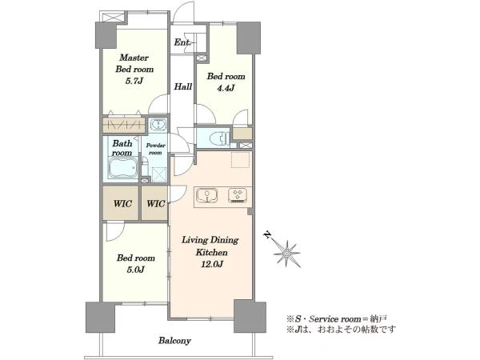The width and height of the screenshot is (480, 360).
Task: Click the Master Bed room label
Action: coord(134,63)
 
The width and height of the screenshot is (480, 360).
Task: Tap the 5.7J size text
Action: coord(134,81)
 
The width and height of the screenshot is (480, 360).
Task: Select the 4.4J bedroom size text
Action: coord(226,88)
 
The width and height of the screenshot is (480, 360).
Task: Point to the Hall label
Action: coord(183,86)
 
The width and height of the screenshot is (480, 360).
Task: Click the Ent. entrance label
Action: coord(182,42)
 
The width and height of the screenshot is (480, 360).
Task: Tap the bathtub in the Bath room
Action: coord(122,168)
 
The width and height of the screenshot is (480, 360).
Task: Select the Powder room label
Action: coord(155,149)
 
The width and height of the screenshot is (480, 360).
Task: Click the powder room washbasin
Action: coord(158,125)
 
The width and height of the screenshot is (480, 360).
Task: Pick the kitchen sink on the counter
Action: coord(207,195)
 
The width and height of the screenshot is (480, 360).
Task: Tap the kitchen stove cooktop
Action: coord(238,195)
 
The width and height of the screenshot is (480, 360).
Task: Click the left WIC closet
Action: coord(121,202)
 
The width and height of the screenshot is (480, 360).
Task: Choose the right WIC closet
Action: coord(154,202)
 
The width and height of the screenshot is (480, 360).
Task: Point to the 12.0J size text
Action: coord(211,264)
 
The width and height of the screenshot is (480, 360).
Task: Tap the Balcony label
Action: coord(174,341)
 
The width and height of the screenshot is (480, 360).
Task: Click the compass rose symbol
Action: coord(286,254)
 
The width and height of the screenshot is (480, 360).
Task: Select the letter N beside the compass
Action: coord(268,235)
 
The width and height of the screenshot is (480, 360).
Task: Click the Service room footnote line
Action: coord(337,319)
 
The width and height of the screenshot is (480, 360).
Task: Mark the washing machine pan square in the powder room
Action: coord(159,174)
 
